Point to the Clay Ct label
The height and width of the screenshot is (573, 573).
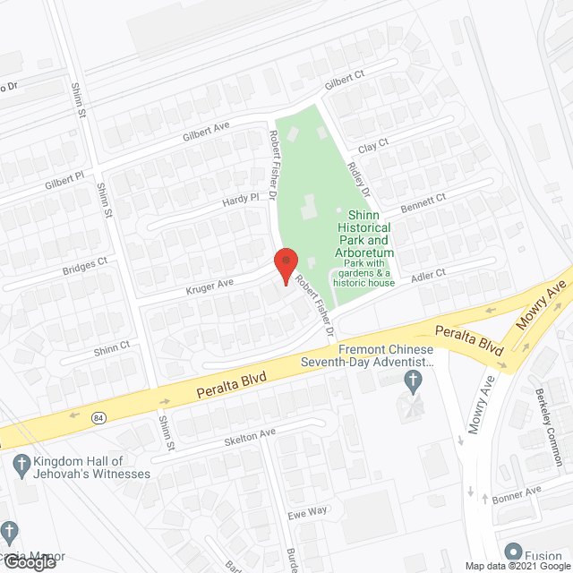[x=372, y=143]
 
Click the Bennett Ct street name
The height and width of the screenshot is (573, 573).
[x=423, y=201]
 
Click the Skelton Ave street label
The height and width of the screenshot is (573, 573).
[x=251, y=436]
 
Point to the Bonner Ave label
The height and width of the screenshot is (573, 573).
[x=518, y=492]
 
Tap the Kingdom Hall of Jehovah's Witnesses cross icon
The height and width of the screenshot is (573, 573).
[x=20, y=463]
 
